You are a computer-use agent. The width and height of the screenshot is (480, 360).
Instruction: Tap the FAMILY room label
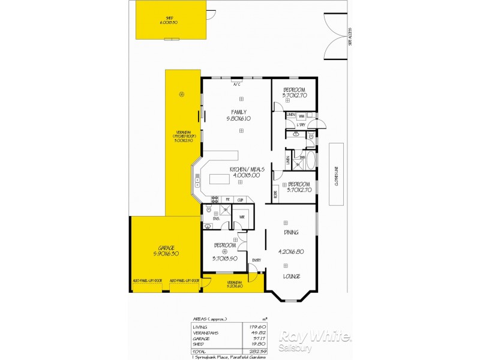238,112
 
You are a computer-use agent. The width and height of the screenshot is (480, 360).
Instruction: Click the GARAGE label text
166,248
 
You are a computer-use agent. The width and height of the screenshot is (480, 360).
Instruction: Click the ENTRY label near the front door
256,260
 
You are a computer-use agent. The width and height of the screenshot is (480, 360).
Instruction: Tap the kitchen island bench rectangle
220,179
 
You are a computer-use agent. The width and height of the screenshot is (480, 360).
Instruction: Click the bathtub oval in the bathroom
310,161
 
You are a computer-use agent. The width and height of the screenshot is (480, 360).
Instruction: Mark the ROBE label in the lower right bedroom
275,193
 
